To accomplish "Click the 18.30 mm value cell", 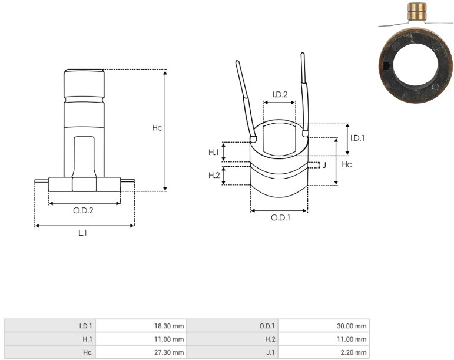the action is tap(141, 326).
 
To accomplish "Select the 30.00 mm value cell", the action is tap(324, 326).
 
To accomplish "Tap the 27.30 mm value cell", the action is tap(141, 352).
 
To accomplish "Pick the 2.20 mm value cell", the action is tap(324, 352).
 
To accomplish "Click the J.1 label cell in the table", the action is tap(232, 352).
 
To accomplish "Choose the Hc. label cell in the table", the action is tap(50, 352).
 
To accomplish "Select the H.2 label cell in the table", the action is tap(232, 339).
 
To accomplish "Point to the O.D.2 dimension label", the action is tap(84, 210).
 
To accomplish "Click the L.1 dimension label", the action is tap(83, 233).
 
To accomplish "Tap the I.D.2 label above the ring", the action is tap(280, 94).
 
